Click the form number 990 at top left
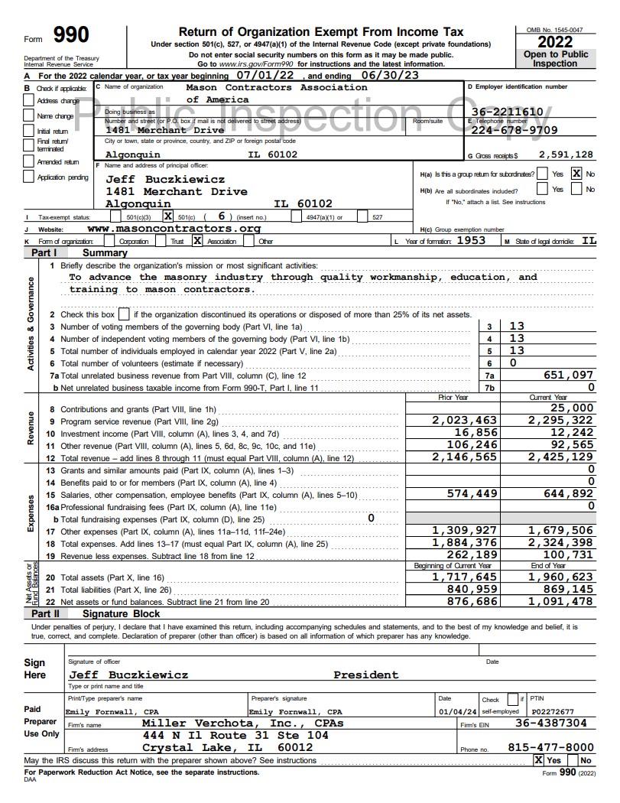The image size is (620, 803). point(71,35)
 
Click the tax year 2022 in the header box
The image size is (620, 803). point(555,42)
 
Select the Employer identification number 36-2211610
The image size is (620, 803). point(507,112)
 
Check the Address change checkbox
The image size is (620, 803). point(28,102)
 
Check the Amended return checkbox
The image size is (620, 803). point(28,163)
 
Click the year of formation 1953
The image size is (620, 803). point(472,241)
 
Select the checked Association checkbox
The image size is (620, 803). point(197,241)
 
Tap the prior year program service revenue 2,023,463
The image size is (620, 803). point(464,421)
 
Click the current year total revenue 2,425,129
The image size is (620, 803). point(560,457)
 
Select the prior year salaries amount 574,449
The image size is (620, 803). point(472,494)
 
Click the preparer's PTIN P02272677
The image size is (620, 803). point(552,711)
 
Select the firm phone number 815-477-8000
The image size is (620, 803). point(550,747)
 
